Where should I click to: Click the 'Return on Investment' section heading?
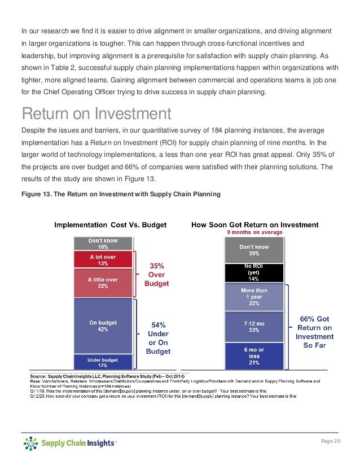coord(96,115)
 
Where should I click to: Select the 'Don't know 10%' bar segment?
coord(103,243)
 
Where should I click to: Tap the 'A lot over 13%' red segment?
coord(103,259)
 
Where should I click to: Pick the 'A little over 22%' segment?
coord(103,282)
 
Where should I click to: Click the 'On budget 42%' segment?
coord(103,326)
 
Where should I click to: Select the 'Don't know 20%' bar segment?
coord(254,250)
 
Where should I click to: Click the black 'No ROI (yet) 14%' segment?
coord(254,272)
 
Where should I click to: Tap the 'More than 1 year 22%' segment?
coord(254,297)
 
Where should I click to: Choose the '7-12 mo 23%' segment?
coord(254,327)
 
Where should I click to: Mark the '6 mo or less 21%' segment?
coord(254,356)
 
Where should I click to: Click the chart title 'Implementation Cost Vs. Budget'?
coord(118,225)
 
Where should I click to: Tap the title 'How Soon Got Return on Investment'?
coord(255,225)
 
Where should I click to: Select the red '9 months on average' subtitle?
coord(254,232)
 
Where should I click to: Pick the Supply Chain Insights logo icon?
coord(30,444)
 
